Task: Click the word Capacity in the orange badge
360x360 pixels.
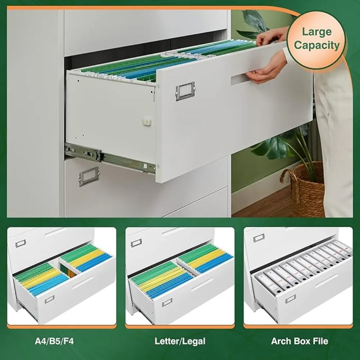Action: click(316, 45)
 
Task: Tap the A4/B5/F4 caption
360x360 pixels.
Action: click(54, 341)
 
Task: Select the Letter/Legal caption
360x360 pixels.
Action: click(180, 341)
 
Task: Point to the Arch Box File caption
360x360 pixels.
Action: click(300, 341)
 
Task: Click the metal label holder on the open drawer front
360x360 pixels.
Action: click(185, 91)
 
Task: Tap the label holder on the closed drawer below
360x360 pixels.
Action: click(89, 176)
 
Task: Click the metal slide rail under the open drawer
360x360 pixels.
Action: click(108, 157)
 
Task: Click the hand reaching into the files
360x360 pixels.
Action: click(272, 36)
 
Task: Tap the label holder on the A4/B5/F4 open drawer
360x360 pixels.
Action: click(49, 299)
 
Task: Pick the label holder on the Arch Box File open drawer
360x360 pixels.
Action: click(290, 299)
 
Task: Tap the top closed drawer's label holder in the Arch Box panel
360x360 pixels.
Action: click(258, 238)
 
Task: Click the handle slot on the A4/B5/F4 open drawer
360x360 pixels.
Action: click(84, 283)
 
